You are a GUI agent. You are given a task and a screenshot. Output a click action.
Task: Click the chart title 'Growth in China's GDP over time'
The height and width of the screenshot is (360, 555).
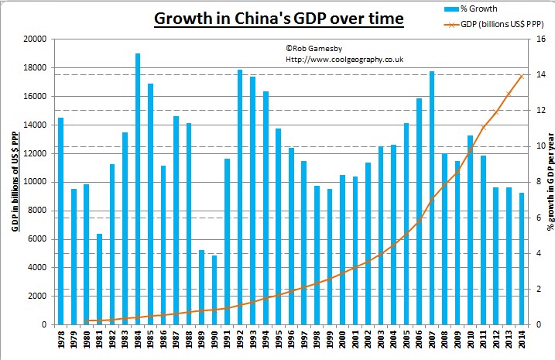278,18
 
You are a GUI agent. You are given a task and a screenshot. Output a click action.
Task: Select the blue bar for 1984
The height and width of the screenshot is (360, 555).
137,189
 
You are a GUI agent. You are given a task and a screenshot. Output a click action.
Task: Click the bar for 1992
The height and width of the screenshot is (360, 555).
239,197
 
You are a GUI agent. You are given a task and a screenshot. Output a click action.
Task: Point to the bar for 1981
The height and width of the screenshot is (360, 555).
99,279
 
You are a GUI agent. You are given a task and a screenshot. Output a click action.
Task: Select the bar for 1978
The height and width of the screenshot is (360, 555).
60,221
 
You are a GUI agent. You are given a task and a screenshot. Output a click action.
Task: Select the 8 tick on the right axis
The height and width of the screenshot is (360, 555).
529,182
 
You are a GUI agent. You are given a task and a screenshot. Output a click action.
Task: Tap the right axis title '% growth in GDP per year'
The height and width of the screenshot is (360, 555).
548,181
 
